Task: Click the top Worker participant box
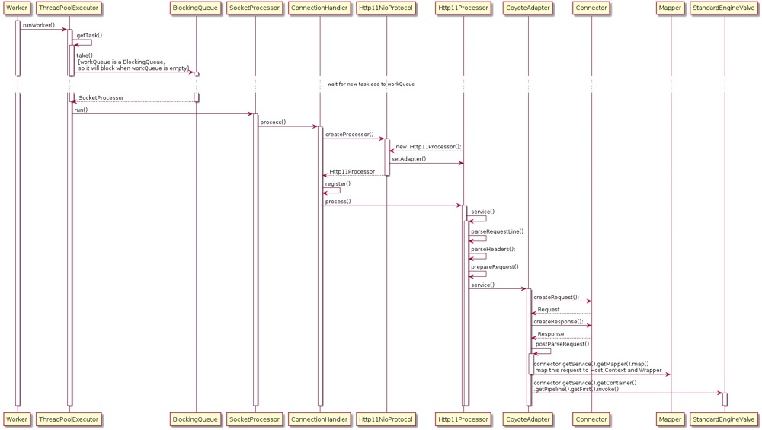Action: click(x=17, y=8)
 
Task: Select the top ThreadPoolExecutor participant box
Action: click(x=69, y=8)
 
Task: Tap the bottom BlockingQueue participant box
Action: click(x=195, y=419)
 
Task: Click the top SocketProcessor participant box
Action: click(x=255, y=8)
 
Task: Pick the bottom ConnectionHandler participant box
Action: click(x=319, y=419)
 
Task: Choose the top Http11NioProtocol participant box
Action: click(x=386, y=8)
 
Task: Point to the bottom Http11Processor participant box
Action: click(x=463, y=419)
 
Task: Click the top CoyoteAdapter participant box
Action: click(x=528, y=8)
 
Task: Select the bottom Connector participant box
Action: click(x=591, y=419)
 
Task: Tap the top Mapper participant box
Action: click(x=670, y=8)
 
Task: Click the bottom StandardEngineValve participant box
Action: click(x=724, y=419)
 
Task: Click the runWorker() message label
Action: click(x=39, y=25)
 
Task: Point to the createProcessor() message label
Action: click(x=350, y=135)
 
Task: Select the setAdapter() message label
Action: click(x=408, y=159)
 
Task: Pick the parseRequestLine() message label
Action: click(x=497, y=231)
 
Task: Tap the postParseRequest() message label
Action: click(x=562, y=344)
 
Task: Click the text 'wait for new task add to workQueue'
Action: click(x=371, y=84)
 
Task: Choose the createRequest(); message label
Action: click(x=556, y=297)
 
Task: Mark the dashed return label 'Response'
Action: click(x=551, y=334)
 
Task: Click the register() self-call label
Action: click(x=338, y=184)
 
